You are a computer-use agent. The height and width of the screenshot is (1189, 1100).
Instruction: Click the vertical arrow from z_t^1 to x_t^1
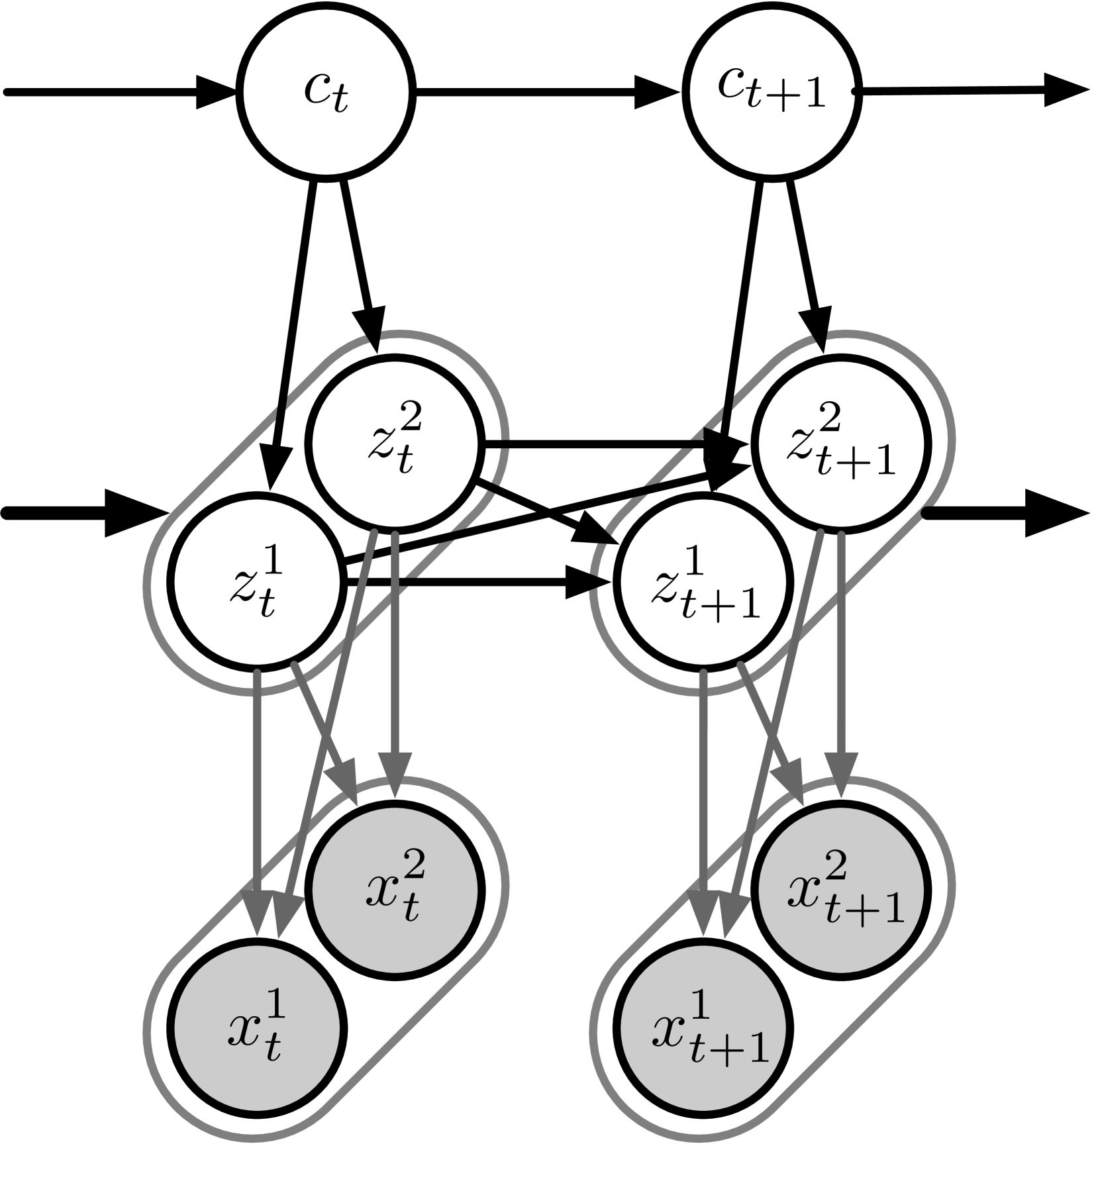(x=257, y=794)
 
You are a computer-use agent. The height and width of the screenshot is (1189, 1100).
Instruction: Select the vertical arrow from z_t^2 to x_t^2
(x=395, y=649)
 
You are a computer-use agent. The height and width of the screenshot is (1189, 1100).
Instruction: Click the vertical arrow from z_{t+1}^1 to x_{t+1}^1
(x=703, y=794)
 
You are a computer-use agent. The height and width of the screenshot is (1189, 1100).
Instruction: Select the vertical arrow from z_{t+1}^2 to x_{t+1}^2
(x=841, y=649)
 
